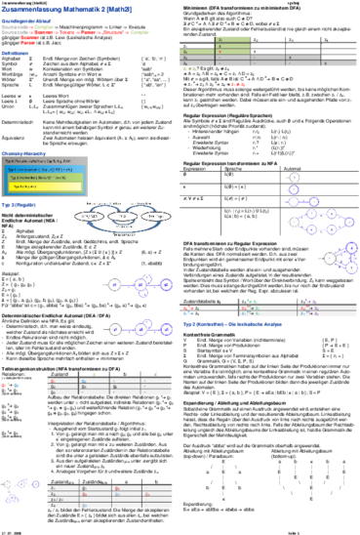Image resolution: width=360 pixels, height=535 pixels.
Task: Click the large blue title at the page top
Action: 67,9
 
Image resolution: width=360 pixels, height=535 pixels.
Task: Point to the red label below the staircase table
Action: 237,84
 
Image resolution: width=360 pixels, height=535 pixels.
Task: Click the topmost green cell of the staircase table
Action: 232,39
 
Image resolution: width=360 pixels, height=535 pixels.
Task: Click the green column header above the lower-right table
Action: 252,300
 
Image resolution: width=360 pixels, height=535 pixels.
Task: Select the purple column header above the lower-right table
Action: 311,300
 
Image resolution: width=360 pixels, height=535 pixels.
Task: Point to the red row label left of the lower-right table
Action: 188,308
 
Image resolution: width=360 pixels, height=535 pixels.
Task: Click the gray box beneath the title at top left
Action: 15,29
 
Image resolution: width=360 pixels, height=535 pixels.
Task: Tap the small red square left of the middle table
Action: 6,385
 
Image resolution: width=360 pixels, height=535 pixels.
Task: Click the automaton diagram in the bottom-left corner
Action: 20,491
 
